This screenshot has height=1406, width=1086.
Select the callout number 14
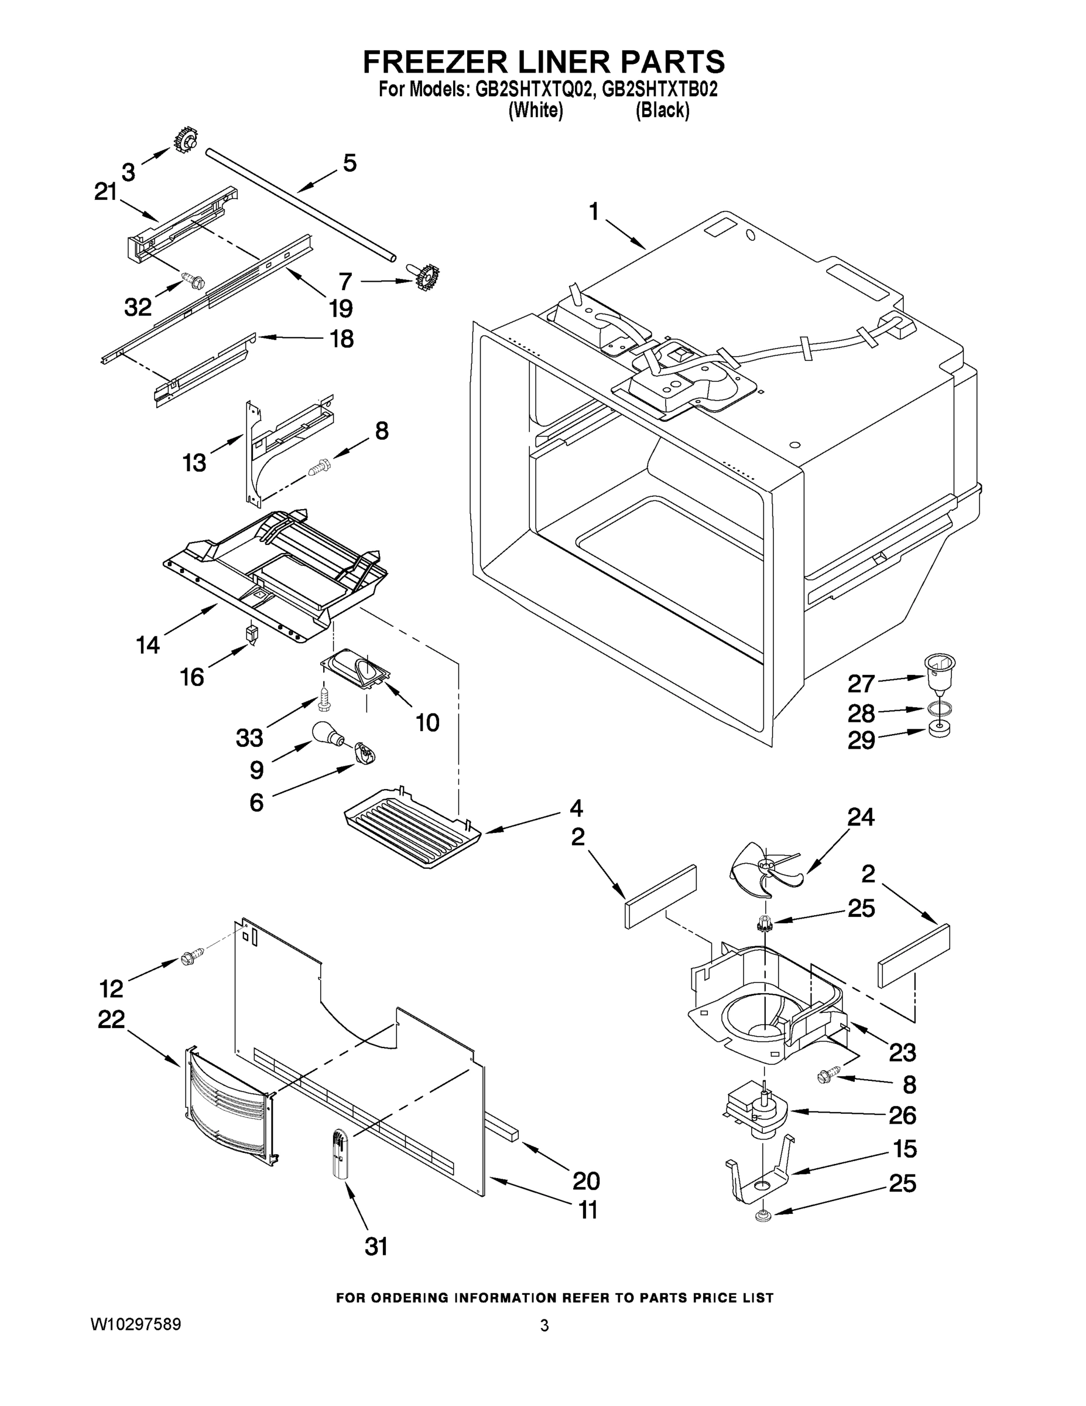tap(148, 644)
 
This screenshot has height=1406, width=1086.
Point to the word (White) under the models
tap(535, 111)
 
